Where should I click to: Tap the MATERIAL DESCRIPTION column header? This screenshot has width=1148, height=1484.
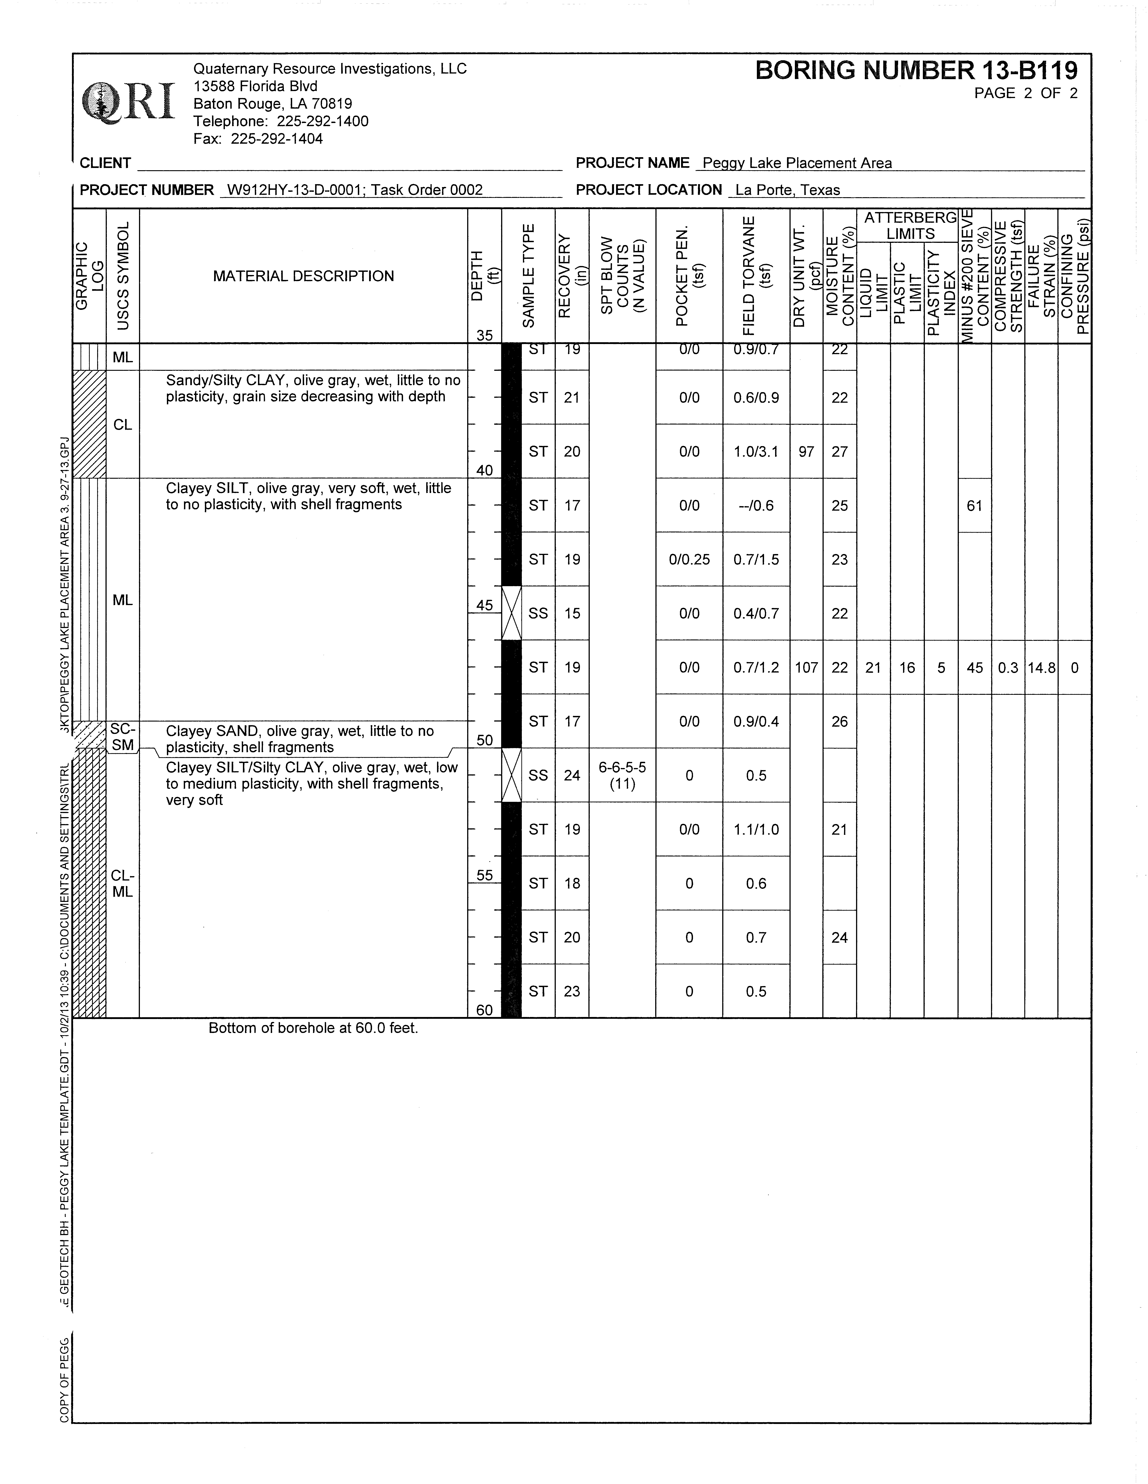click(x=303, y=276)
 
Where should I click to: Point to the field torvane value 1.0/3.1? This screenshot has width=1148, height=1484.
click(x=756, y=451)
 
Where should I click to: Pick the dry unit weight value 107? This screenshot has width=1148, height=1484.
click(x=806, y=667)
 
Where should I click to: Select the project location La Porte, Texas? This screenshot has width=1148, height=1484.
click(x=787, y=190)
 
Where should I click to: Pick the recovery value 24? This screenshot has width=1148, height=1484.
click(x=572, y=775)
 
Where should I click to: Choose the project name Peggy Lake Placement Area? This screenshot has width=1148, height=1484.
click(x=797, y=163)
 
